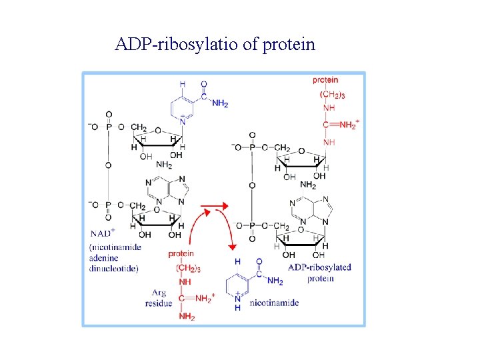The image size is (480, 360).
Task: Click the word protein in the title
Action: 289,45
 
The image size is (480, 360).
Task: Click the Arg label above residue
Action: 159,293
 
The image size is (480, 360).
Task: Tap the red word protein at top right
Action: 325,81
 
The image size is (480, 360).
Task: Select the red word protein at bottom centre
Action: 181,253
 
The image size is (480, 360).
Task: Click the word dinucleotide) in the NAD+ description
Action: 114,269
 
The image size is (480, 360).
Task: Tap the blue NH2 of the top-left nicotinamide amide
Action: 220,103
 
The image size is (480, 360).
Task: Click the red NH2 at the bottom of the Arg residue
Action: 186,317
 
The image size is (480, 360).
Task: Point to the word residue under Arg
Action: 158,303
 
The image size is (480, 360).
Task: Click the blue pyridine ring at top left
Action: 182,106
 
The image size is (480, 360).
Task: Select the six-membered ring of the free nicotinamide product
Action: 239,285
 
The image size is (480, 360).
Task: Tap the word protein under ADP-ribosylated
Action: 321,278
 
